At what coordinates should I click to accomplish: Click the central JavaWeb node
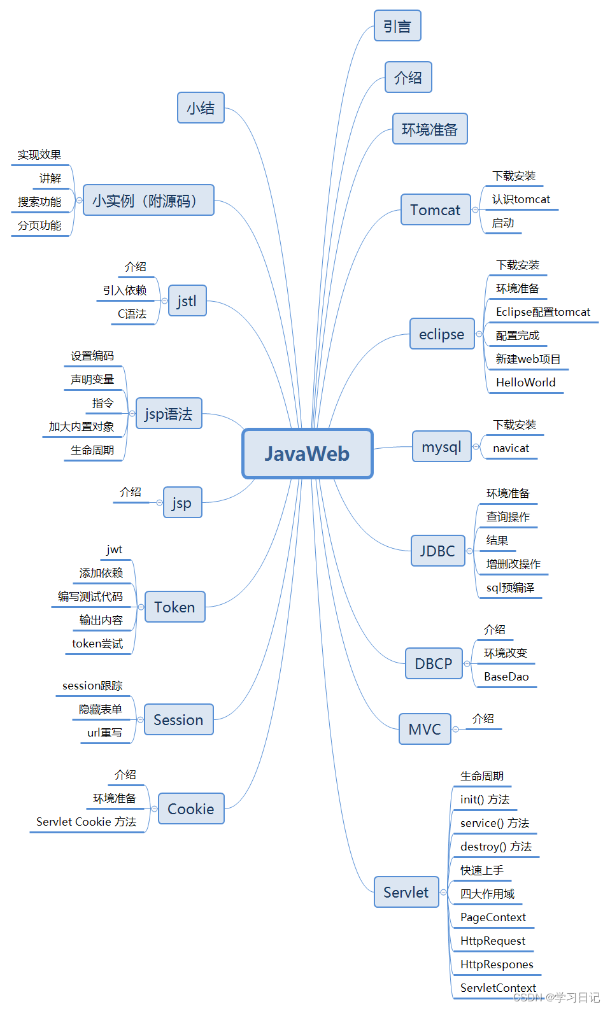pyautogui.click(x=307, y=453)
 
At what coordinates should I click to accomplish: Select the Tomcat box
pyautogui.click(x=436, y=210)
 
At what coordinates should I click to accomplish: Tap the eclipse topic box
pyautogui.click(x=441, y=334)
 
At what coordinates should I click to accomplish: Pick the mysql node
pyautogui.click(x=441, y=447)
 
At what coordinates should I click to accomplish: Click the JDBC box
pyautogui.click(x=437, y=551)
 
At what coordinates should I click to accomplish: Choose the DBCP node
pyautogui.click(x=434, y=664)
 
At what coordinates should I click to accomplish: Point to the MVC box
pyautogui.click(x=425, y=730)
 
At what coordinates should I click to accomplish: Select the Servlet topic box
pyautogui.click(x=406, y=893)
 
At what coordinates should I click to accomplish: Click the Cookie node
pyautogui.click(x=191, y=809)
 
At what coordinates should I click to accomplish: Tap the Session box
pyautogui.click(x=178, y=720)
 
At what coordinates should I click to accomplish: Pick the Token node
pyautogui.click(x=174, y=607)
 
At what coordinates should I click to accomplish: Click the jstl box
pyautogui.click(x=187, y=301)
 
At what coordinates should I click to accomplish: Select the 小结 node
pyautogui.click(x=201, y=108)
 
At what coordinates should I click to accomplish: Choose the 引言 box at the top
pyautogui.click(x=397, y=26)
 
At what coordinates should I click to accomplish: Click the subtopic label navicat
pyautogui.click(x=511, y=448)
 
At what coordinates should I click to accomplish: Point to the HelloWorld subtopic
pyautogui.click(x=525, y=383)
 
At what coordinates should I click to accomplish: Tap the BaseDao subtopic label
pyautogui.click(x=506, y=677)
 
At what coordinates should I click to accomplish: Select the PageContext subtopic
pyautogui.click(x=493, y=917)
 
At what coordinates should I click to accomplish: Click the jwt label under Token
pyautogui.click(x=115, y=549)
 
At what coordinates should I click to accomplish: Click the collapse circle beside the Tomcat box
pyautogui.click(x=475, y=210)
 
